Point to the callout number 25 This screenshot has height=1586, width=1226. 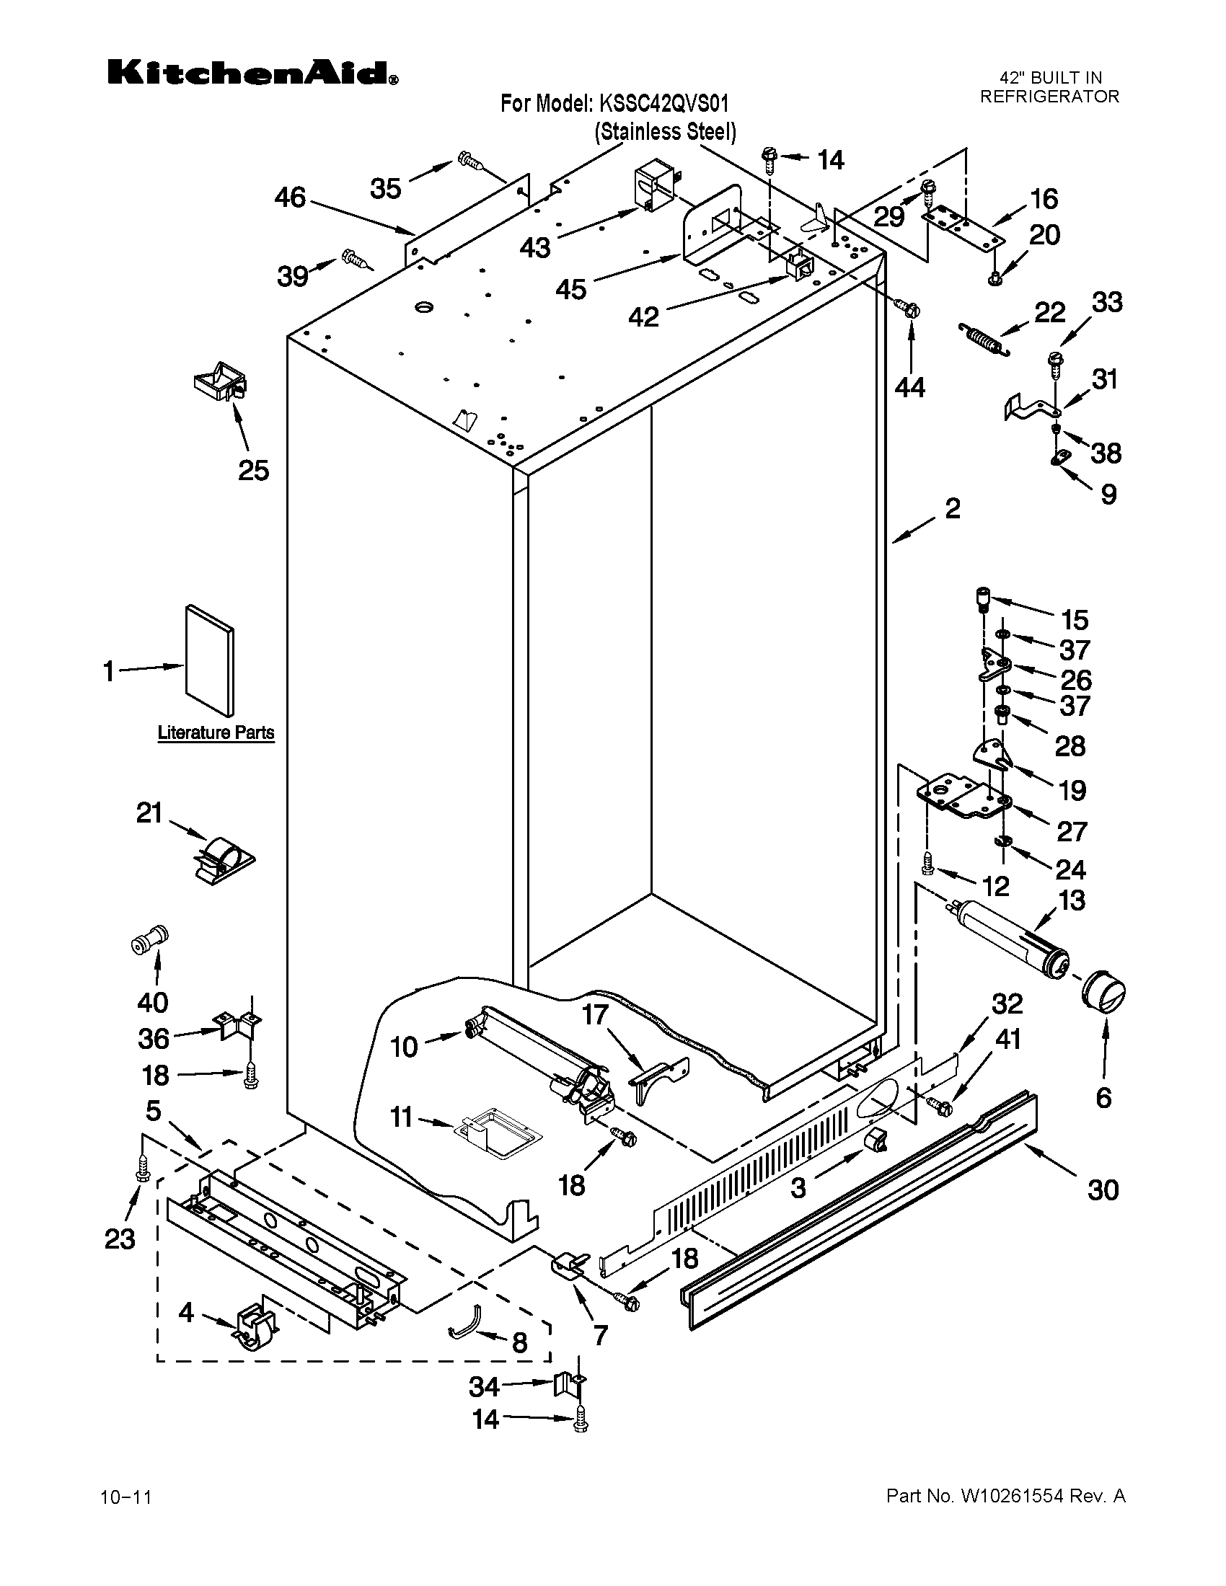point(253,471)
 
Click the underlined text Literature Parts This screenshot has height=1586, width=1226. point(216,732)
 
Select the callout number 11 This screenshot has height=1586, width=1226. point(402,1117)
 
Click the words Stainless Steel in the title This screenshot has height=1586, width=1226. point(666,131)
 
